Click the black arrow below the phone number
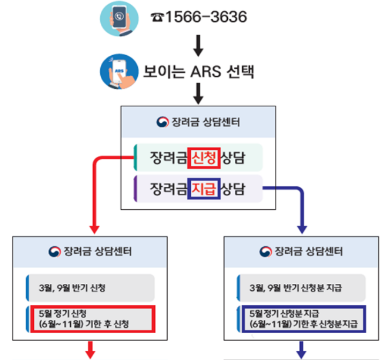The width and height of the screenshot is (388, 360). [198, 46]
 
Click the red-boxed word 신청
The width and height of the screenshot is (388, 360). [204, 158]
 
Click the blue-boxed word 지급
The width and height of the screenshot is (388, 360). [204, 188]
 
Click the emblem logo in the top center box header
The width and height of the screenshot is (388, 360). [162, 122]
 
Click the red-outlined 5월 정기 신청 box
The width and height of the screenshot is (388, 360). [92, 319]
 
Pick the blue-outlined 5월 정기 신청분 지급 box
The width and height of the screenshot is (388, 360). [303, 319]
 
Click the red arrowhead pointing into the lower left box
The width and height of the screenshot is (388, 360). [94, 227]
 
